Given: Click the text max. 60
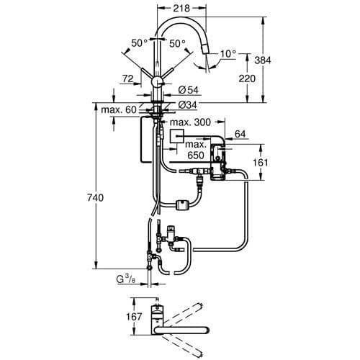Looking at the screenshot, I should click(120, 109).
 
